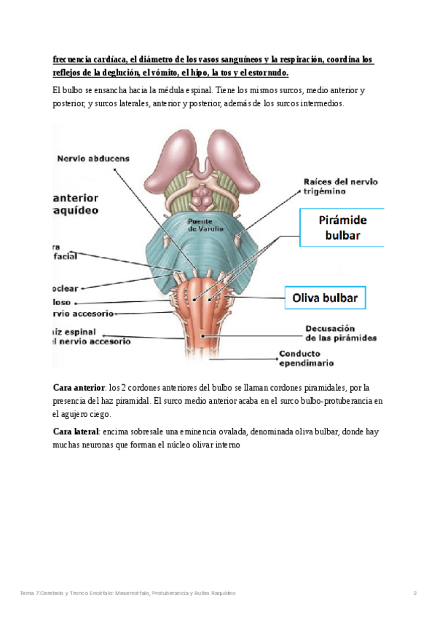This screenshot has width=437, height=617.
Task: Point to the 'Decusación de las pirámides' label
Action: point(340,333)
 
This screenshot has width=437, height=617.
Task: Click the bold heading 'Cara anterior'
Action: point(79,387)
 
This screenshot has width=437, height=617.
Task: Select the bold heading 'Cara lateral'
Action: point(76,431)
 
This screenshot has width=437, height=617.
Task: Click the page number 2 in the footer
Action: point(414,594)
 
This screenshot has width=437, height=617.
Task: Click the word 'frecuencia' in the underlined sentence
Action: point(74,60)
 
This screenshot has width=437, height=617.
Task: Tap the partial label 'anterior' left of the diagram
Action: point(76,197)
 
